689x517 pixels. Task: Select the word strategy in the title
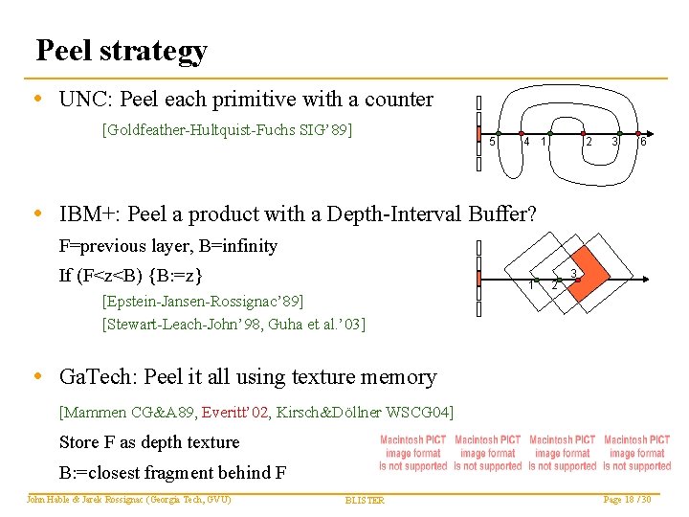pos(157,52)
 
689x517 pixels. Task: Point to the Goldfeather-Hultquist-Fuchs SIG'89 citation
pos(227,129)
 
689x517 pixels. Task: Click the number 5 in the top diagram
pos(492,143)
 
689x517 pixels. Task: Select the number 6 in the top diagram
pos(644,143)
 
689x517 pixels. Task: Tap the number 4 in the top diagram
pos(526,143)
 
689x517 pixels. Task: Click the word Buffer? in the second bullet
pos(503,214)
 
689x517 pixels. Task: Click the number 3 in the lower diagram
pos(572,275)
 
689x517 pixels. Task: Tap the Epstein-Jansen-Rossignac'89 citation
pos(202,303)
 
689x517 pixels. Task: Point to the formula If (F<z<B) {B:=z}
pos(130,277)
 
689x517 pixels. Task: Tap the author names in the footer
pos(129,499)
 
